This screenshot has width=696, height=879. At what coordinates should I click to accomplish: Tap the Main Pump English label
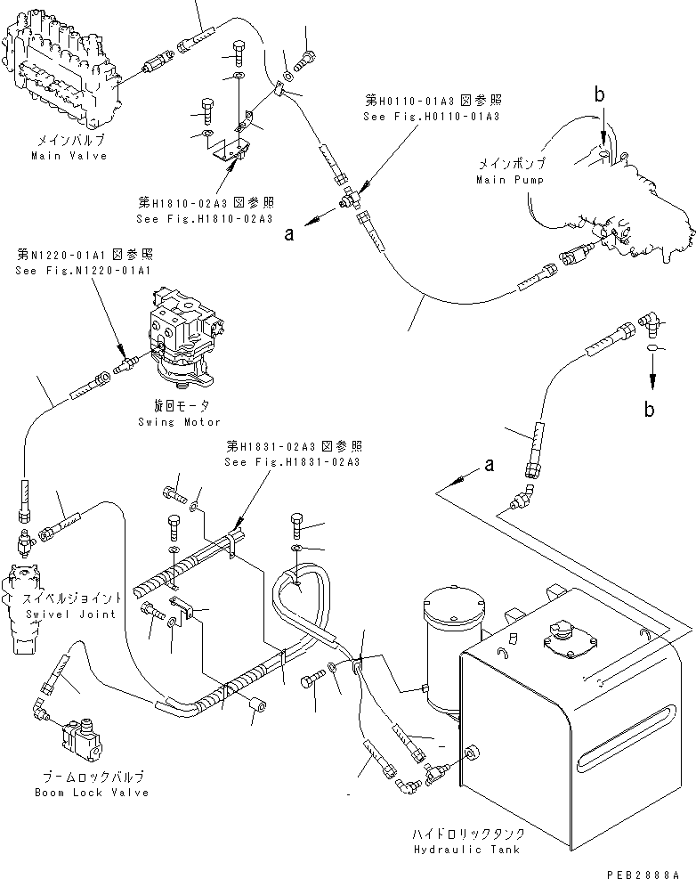pos(510,180)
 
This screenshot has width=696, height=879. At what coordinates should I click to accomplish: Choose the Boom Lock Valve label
pos(92,793)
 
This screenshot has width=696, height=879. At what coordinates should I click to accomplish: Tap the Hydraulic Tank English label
pos(466,849)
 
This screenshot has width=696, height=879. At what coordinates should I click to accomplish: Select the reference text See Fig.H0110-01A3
pos(431,117)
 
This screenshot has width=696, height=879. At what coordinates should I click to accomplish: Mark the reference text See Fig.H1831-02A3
pos(292,462)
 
